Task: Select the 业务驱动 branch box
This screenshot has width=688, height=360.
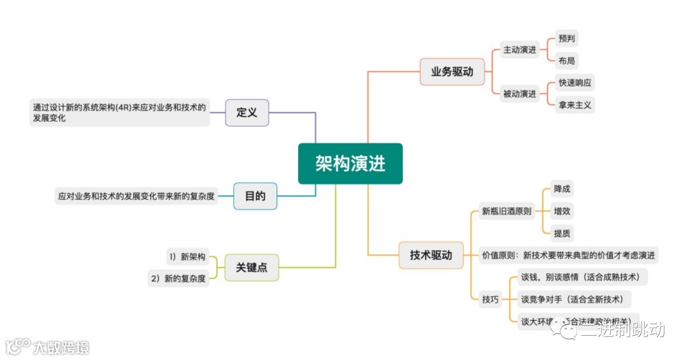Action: click(x=452, y=72)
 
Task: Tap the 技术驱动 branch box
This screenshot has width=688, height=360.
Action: click(x=431, y=256)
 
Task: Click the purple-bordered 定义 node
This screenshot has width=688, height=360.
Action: click(x=247, y=113)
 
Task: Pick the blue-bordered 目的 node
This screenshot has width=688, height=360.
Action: click(x=255, y=196)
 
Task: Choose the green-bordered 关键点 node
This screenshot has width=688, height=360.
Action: click(x=252, y=268)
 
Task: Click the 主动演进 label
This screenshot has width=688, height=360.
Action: click(x=520, y=50)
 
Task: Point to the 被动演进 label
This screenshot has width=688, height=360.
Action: click(x=520, y=94)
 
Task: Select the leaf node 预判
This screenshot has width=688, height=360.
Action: click(x=566, y=38)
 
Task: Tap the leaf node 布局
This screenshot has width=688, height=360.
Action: click(x=566, y=61)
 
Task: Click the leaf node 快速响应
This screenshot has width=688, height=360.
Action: click(x=577, y=83)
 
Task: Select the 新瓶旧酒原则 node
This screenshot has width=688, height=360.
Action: click(x=507, y=212)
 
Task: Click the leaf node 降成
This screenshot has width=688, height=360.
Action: click(x=562, y=189)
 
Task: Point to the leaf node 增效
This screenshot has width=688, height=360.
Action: click(x=562, y=211)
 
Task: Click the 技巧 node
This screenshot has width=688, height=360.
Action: click(x=491, y=299)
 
